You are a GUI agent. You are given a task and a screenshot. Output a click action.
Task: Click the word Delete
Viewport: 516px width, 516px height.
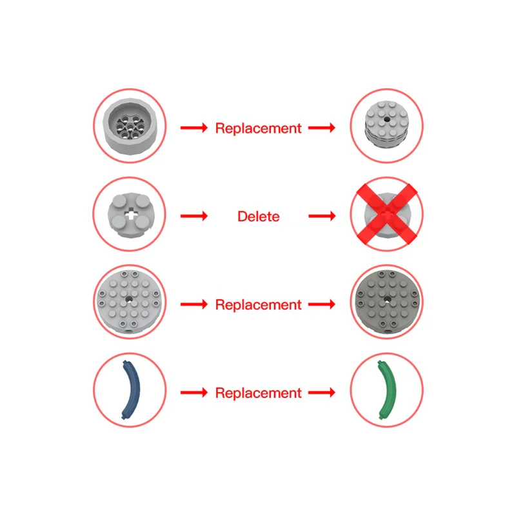(x=258, y=216)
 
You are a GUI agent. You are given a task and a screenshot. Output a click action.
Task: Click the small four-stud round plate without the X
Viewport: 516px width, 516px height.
(x=130, y=215)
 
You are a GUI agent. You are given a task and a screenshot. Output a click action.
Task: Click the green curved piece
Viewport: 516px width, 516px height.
(x=386, y=389)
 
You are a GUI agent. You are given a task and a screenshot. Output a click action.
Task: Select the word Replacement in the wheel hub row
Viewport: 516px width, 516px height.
(x=258, y=128)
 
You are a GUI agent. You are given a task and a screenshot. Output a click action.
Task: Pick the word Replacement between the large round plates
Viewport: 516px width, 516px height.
(x=258, y=304)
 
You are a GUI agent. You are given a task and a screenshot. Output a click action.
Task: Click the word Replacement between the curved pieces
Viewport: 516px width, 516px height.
(x=258, y=392)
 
